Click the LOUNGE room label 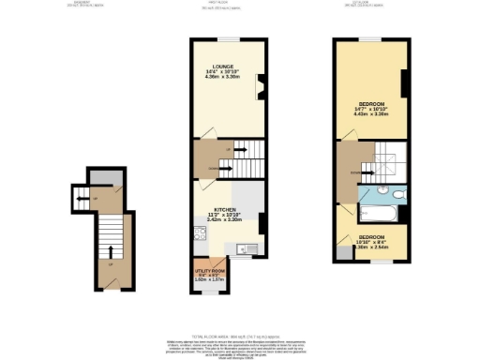point(222,67)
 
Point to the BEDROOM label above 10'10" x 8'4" point(372,237)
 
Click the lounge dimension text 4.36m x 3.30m point(222,78)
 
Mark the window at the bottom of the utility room point(208,292)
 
